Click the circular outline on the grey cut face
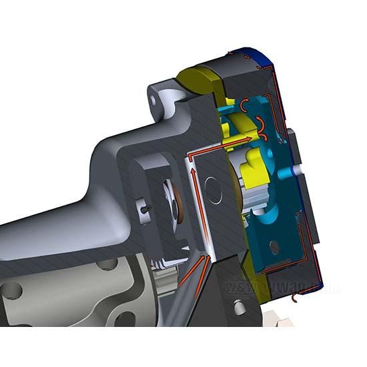[x=214, y=192]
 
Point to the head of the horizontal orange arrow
[x=250, y=139]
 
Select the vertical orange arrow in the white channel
[x=194, y=183]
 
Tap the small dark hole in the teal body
[x=273, y=248]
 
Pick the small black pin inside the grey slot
[x=146, y=208]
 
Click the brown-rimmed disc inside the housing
[x=175, y=208]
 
